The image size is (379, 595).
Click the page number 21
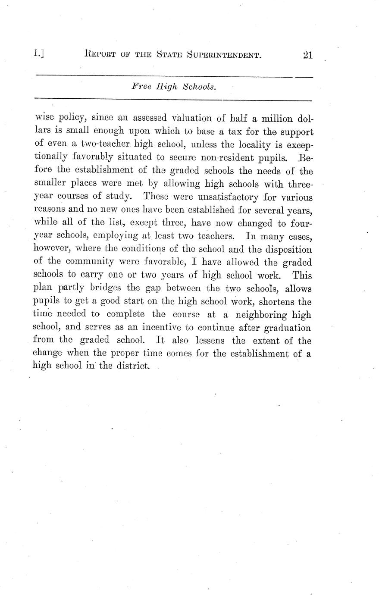(x=307, y=55)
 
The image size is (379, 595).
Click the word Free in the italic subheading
(x=140, y=86)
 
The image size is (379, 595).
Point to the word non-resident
(x=197, y=157)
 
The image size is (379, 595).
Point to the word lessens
(x=209, y=341)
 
